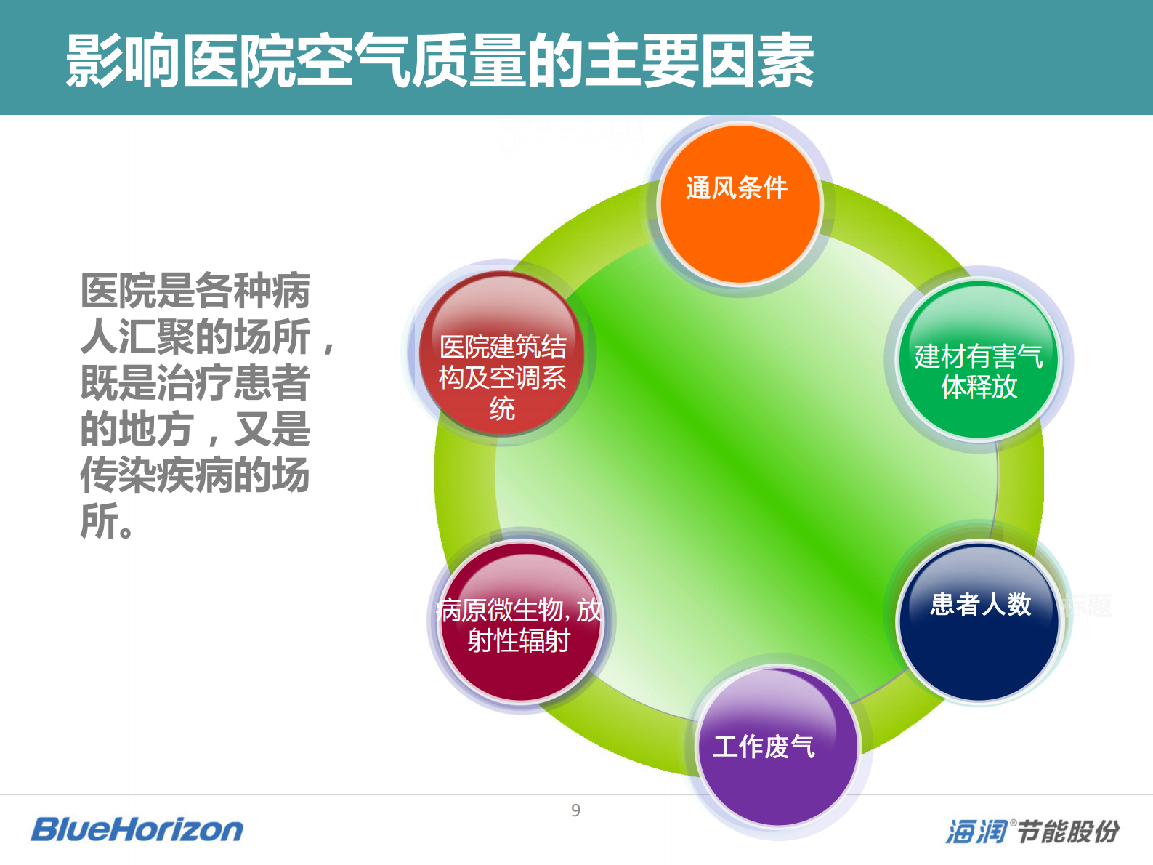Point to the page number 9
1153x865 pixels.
(575, 810)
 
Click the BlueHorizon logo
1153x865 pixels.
(137, 829)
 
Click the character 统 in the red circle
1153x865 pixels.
(502, 409)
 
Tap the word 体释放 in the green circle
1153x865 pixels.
(979, 387)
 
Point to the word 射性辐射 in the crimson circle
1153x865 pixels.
(519, 641)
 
